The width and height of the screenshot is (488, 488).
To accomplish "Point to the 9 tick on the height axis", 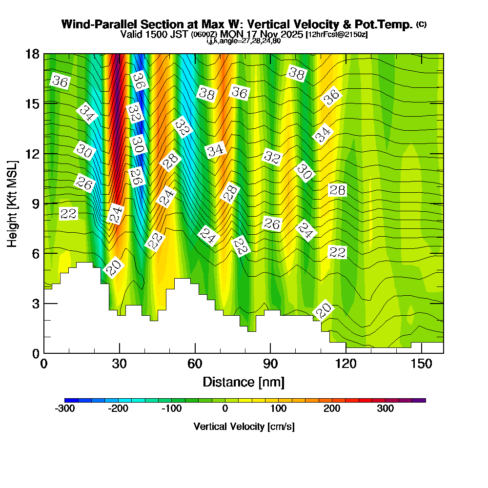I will point(44,203).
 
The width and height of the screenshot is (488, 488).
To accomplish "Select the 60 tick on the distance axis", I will point(195,353).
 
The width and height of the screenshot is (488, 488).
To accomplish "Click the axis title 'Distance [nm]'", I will point(244,382).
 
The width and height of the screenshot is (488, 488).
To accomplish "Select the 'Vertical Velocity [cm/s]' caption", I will point(244,427).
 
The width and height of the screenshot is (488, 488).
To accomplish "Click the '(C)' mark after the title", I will point(421,24).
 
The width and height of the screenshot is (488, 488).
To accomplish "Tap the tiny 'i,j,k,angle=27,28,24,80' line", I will point(244,41).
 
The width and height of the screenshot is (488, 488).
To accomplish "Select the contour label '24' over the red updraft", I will point(116,214).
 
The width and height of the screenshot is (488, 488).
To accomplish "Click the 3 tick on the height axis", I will point(44,303).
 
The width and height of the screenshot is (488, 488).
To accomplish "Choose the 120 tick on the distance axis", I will point(346,353).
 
